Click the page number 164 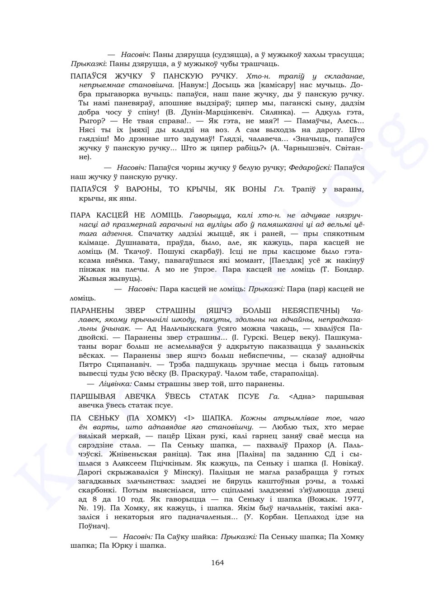(217, 563)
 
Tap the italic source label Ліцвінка (115, 384)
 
